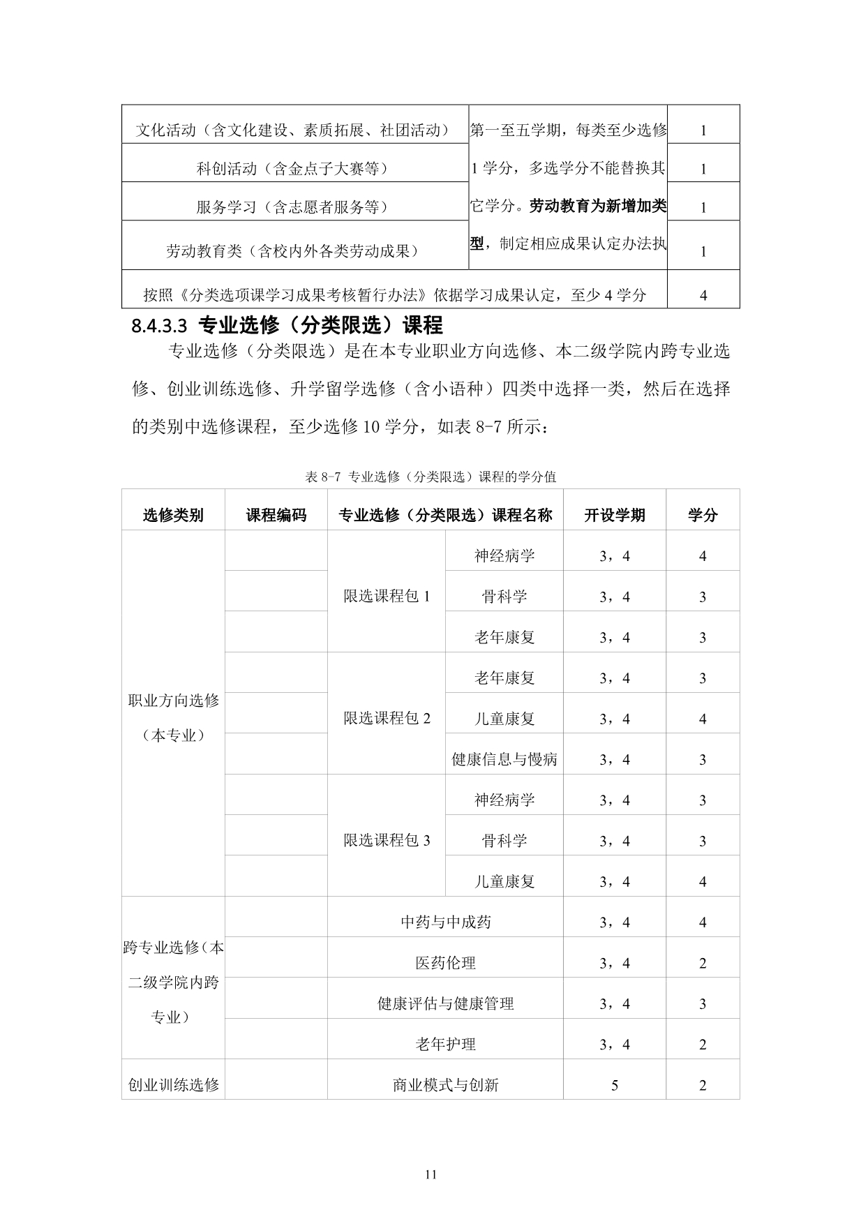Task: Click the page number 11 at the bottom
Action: click(x=430, y=1174)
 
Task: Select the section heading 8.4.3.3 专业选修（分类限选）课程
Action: click(x=287, y=325)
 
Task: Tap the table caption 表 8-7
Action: click(x=430, y=477)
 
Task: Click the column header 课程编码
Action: click(x=276, y=515)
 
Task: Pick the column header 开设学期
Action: click(x=615, y=515)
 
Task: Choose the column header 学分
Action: click(x=703, y=515)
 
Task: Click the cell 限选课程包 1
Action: click(x=387, y=596)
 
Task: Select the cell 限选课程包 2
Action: click(x=387, y=718)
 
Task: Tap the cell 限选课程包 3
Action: click(x=387, y=840)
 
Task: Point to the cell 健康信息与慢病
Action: click(x=504, y=759)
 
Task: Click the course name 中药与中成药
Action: click(x=445, y=922)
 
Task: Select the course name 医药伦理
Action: click(x=445, y=963)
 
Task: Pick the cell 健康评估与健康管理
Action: click(x=445, y=1003)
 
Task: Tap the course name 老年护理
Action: click(x=445, y=1044)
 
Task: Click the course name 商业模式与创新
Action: click(x=445, y=1085)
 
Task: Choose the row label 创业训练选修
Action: click(x=173, y=1085)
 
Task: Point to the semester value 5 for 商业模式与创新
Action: click(x=615, y=1085)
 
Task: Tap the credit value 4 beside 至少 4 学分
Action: click(x=703, y=295)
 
